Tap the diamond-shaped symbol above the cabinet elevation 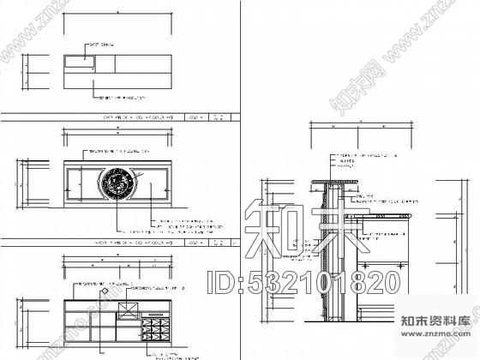click(105, 292)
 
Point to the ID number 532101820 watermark click(303, 280)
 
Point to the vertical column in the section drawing click(327, 257)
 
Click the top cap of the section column click(334, 181)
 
